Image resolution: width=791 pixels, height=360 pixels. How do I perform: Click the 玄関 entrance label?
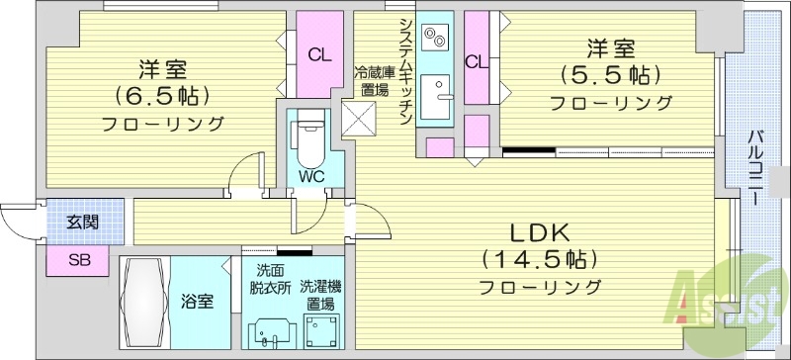click(x=83, y=223)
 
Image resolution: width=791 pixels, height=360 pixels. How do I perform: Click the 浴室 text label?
click(x=197, y=302)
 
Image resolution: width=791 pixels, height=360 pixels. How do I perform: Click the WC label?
click(x=312, y=176)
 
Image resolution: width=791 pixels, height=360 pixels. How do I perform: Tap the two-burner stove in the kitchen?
click(x=434, y=39)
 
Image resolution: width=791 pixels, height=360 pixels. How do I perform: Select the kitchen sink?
click(x=435, y=100)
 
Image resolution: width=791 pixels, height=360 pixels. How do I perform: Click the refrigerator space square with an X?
click(x=359, y=119)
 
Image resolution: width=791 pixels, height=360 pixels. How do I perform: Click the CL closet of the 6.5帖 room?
click(x=318, y=54)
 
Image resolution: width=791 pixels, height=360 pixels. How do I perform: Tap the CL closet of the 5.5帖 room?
click(x=477, y=61)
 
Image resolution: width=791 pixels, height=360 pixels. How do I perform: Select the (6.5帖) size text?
click(x=162, y=97)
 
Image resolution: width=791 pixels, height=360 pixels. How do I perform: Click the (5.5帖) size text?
click(x=610, y=75)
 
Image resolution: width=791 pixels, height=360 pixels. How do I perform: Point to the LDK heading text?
click(x=539, y=233)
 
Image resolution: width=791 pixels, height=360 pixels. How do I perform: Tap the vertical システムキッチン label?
click(x=405, y=69)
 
